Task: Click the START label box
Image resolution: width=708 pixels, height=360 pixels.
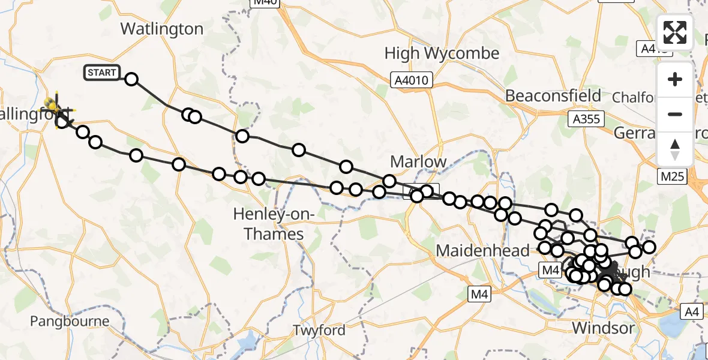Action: pyautogui.click(x=102, y=73)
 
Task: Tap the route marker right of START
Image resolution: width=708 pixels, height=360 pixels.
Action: pyautogui.click(x=131, y=79)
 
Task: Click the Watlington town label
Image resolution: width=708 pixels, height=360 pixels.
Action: pyautogui.click(x=162, y=29)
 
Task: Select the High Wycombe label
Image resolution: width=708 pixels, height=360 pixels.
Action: pyautogui.click(x=442, y=53)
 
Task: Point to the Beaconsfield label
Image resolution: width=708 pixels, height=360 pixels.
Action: pyautogui.click(x=553, y=96)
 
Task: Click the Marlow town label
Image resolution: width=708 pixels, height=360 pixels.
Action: pyautogui.click(x=418, y=161)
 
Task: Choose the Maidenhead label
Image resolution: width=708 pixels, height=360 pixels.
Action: pyautogui.click(x=482, y=250)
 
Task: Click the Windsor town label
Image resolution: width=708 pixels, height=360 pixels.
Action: pyautogui.click(x=602, y=328)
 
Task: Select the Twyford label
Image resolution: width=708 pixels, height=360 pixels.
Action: pyautogui.click(x=319, y=330)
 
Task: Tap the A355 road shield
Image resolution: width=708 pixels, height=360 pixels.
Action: pyautogui.click(x=585, y=119)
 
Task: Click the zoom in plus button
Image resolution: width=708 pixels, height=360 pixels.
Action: pyautogui.click(x=675, y=80)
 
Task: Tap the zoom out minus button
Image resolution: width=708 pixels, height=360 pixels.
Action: pyautogui.click(x=675, y=114)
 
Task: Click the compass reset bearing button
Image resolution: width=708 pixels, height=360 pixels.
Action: pyautogui.click(x=675, y=149)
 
